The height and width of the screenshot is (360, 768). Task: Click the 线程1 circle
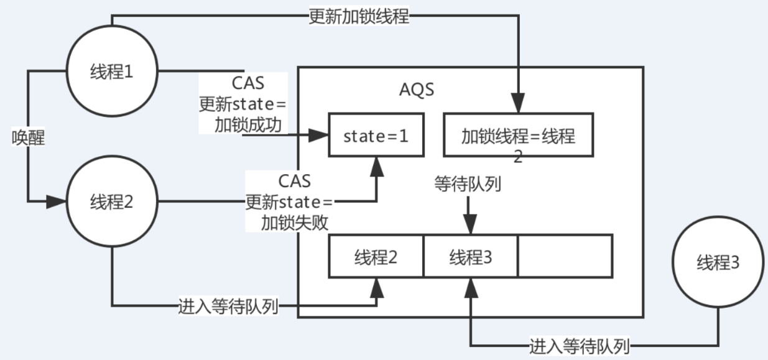[x=111, y=72]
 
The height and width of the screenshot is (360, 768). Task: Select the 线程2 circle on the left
[x=111, y=202]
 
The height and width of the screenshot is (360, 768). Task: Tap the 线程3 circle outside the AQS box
[x=718, y=264]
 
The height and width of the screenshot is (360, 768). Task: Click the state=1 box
[x=376, y=135]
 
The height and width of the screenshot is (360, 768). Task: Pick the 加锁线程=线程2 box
[x=518, y=135]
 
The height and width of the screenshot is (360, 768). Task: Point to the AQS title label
[x=417, y=90]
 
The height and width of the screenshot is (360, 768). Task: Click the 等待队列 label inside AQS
[x=468, y=184]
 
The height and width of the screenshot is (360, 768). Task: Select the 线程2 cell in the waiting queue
[x=376, y=256]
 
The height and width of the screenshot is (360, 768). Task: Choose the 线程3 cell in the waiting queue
[x=471, y=256]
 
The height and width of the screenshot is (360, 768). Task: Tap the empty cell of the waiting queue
[x=565, y=256]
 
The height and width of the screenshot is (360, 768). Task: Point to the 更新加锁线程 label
[x=359, y=17]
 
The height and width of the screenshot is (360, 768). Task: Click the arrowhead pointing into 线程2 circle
[x=59, y=201]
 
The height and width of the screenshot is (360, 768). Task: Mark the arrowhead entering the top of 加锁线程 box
[x=518, y=104]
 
